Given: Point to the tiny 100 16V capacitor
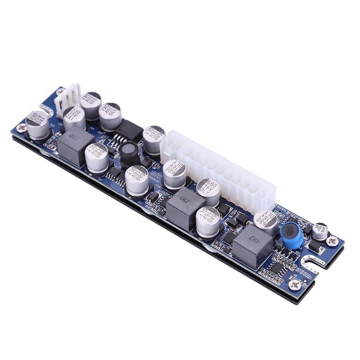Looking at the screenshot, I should tap(320, 230).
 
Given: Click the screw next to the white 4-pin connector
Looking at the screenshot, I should tap(59, 91).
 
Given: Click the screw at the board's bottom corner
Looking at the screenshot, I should tap(296, 284).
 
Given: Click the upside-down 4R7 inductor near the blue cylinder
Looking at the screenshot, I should tap(253, 243).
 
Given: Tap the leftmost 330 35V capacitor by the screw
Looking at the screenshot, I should tap(38, 124).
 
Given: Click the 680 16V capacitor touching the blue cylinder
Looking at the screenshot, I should tap(265, 221).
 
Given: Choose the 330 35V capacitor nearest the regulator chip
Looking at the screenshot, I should tap(110, 116).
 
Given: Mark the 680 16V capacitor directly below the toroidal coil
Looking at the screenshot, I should tap(137, 180).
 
